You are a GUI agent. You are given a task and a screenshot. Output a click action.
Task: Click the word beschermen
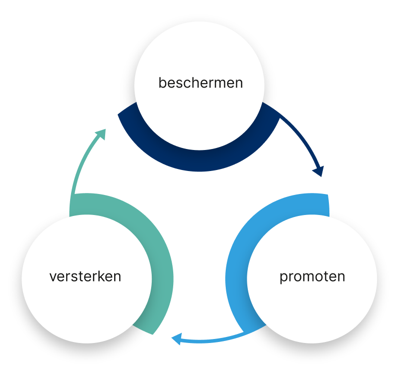click(200, 82)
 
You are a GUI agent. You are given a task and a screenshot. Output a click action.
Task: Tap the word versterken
click(85, 276)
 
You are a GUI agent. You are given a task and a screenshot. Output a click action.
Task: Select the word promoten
click(312, 276)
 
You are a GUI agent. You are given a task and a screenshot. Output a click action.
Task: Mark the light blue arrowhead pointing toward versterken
click(176, 340)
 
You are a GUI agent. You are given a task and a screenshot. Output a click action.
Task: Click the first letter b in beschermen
click(162, 82)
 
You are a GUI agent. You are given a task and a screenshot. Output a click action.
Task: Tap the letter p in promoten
click(283, 277)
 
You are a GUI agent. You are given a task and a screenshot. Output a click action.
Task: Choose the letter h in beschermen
click(192, 82)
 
